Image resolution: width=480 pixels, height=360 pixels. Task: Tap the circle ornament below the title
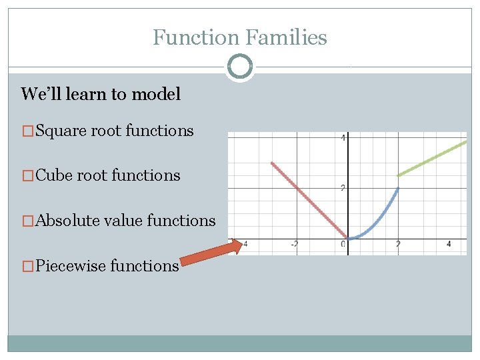(239, 67)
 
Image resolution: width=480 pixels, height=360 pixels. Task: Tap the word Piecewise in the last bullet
(71, 266)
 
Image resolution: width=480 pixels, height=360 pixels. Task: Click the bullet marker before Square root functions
(27, 131)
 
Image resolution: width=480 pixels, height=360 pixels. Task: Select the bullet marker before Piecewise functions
(27, 267)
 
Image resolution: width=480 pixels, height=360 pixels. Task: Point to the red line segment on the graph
(309, 201)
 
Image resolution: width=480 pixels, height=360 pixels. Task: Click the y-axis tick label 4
(343, 138)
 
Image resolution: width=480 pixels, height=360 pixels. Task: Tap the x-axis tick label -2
(294, 245)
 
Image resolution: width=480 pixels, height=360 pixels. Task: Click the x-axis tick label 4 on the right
(449, 245)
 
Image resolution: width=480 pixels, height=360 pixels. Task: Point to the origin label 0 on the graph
(343, 245)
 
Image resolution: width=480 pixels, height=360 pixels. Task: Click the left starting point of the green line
(399, 175)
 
